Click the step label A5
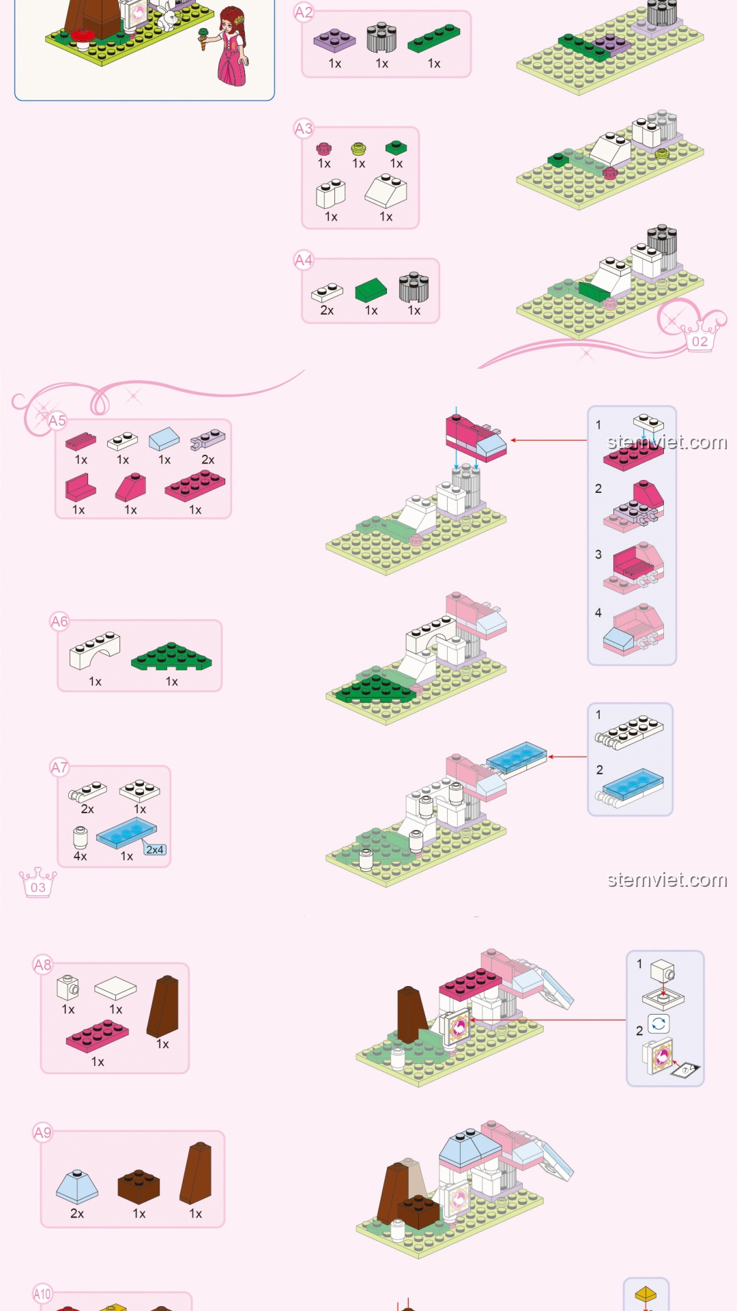(57, 421)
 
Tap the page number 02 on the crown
(700, 341)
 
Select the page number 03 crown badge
(38, 882)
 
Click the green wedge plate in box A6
(171, 656)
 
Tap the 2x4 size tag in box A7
(155, 849)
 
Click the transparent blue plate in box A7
(127, 834)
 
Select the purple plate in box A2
(334, 40)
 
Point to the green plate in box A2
(434, 38)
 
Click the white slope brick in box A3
(386, 191)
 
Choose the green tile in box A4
(371, 290)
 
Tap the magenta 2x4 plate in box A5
(195, 485)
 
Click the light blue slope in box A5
(164, 438)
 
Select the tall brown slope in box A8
(163, 1006)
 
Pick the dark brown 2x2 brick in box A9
(139, 1187)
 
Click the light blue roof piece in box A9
(77, 1187)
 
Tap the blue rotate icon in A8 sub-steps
(659, 1024)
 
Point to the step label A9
(42, 1133)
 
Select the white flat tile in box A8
(115, 988)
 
